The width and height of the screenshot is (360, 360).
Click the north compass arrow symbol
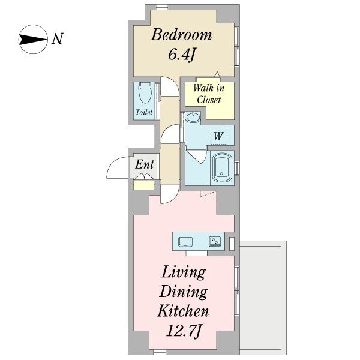[32, 39]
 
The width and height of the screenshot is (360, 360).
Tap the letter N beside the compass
[58, 39]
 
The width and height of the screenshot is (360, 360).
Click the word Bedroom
[181, 35]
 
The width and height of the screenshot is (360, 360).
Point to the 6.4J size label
[181, 55]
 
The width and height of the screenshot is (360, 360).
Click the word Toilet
[144, 112]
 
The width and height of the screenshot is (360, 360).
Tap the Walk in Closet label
[209, 94]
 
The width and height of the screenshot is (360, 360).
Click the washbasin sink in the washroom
[193, 117]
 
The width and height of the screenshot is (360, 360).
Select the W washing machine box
[219, 136]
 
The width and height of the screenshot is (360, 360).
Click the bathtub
[221, 167]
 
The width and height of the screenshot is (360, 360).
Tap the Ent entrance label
[145, 164]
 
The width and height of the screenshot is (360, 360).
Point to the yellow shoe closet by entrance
[144, 185]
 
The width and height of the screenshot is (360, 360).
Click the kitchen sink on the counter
[185, 242]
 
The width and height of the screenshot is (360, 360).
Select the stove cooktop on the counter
[215, 242]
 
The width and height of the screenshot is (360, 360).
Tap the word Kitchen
[183, 311]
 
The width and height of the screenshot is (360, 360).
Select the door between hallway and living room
[169, 194]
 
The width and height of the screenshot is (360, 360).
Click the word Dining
[184, 292]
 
